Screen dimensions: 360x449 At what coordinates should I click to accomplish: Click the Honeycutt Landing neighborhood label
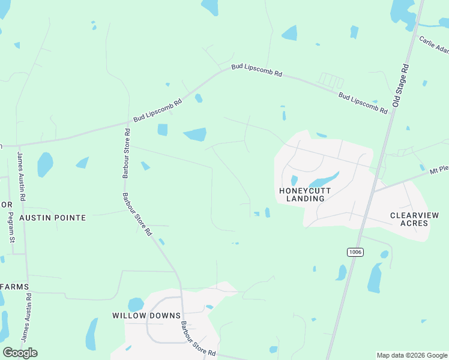pyautogui.click(x=301, y=194)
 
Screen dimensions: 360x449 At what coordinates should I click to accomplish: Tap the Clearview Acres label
pyautogui.click(x=414, y=219)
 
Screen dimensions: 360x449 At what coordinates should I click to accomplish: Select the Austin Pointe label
pyautogui.click(x=52, y=218)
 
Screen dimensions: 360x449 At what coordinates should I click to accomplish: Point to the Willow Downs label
pyautogui.click(x=146, y=316)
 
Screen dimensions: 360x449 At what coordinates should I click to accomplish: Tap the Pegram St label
pyautogui.click(x=12, y=222)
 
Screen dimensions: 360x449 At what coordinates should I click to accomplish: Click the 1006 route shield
pyautogui.click(x=355, y=252)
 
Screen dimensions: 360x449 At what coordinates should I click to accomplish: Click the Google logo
pyautogui.click(x=20, y=352)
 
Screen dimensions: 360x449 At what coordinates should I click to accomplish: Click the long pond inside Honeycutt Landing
pyautogui.click(x=324, y=179)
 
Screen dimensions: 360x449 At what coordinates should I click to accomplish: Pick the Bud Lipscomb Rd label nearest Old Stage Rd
pyautogui.click(x=362, y=103)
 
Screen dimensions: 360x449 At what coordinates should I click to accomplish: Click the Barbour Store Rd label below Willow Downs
pyautogui.click(x=198, y=339)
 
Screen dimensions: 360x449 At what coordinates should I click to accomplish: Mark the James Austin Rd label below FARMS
pyautogui.click(x=26, y=317)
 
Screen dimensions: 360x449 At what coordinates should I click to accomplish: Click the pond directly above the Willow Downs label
pyautogui.click(x=136, y=304)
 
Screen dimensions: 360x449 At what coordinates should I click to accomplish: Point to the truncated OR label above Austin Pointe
pyautogui.click(x=6, y=205)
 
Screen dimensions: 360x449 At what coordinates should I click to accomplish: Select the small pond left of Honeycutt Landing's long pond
pyautogui.click(x=294, y=180)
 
